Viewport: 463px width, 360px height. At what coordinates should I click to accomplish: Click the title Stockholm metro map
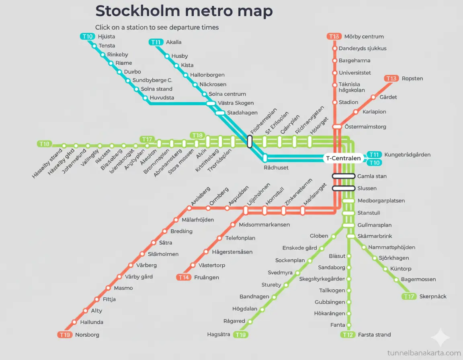click(x=184, y=11)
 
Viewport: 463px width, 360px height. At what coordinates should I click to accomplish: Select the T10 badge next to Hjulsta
click(x=87, y=37)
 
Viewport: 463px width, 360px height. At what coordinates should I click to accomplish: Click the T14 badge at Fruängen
click(x=184, y=277)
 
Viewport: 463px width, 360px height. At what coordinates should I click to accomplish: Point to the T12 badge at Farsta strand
click(x=348, y=335)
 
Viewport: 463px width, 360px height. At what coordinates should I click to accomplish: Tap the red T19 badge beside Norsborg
click(x=65, y=335)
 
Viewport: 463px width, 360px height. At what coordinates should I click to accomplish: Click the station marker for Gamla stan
click(x=344, y=176)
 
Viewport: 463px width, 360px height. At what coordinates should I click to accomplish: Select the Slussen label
click(x=367, y=188)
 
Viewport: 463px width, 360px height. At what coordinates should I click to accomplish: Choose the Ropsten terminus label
click(x=412, y=78)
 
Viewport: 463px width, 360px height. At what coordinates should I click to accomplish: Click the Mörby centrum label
click(x=364, y=37)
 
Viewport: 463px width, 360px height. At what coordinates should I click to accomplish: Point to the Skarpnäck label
click(x=432, y=297)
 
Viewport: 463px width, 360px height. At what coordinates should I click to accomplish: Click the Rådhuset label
click(x=276, y=168)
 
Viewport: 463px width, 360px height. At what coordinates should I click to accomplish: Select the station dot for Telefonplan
click(x=219, y=238)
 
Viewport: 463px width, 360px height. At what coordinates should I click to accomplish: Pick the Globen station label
click(x=319, y=236)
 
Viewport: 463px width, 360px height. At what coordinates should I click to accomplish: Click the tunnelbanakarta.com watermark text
click(x=424, y=353)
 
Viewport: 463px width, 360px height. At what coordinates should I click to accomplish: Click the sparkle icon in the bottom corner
click(x=440, y=337)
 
